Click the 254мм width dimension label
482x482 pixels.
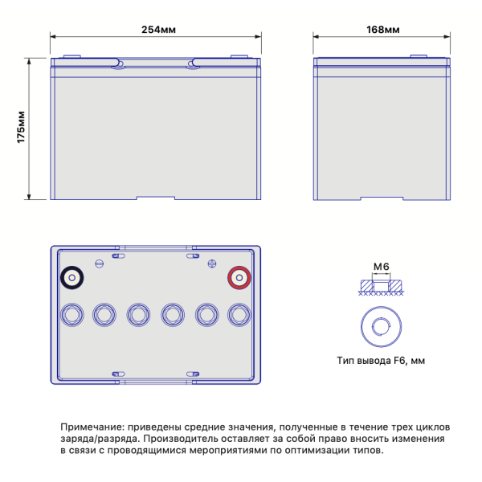pos(158,30)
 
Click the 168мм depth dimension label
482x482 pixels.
pos(383,30)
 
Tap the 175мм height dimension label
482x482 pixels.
pos(21,127)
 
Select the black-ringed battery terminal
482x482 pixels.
pos(72,278)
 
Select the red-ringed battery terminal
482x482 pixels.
pos(239,278)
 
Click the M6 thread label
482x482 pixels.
pos(381,267)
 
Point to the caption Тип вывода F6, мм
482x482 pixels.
pos(381,360)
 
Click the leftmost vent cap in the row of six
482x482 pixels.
pos(72,315)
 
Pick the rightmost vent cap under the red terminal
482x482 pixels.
pos(239,315)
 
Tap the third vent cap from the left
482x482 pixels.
pos(138,315)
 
